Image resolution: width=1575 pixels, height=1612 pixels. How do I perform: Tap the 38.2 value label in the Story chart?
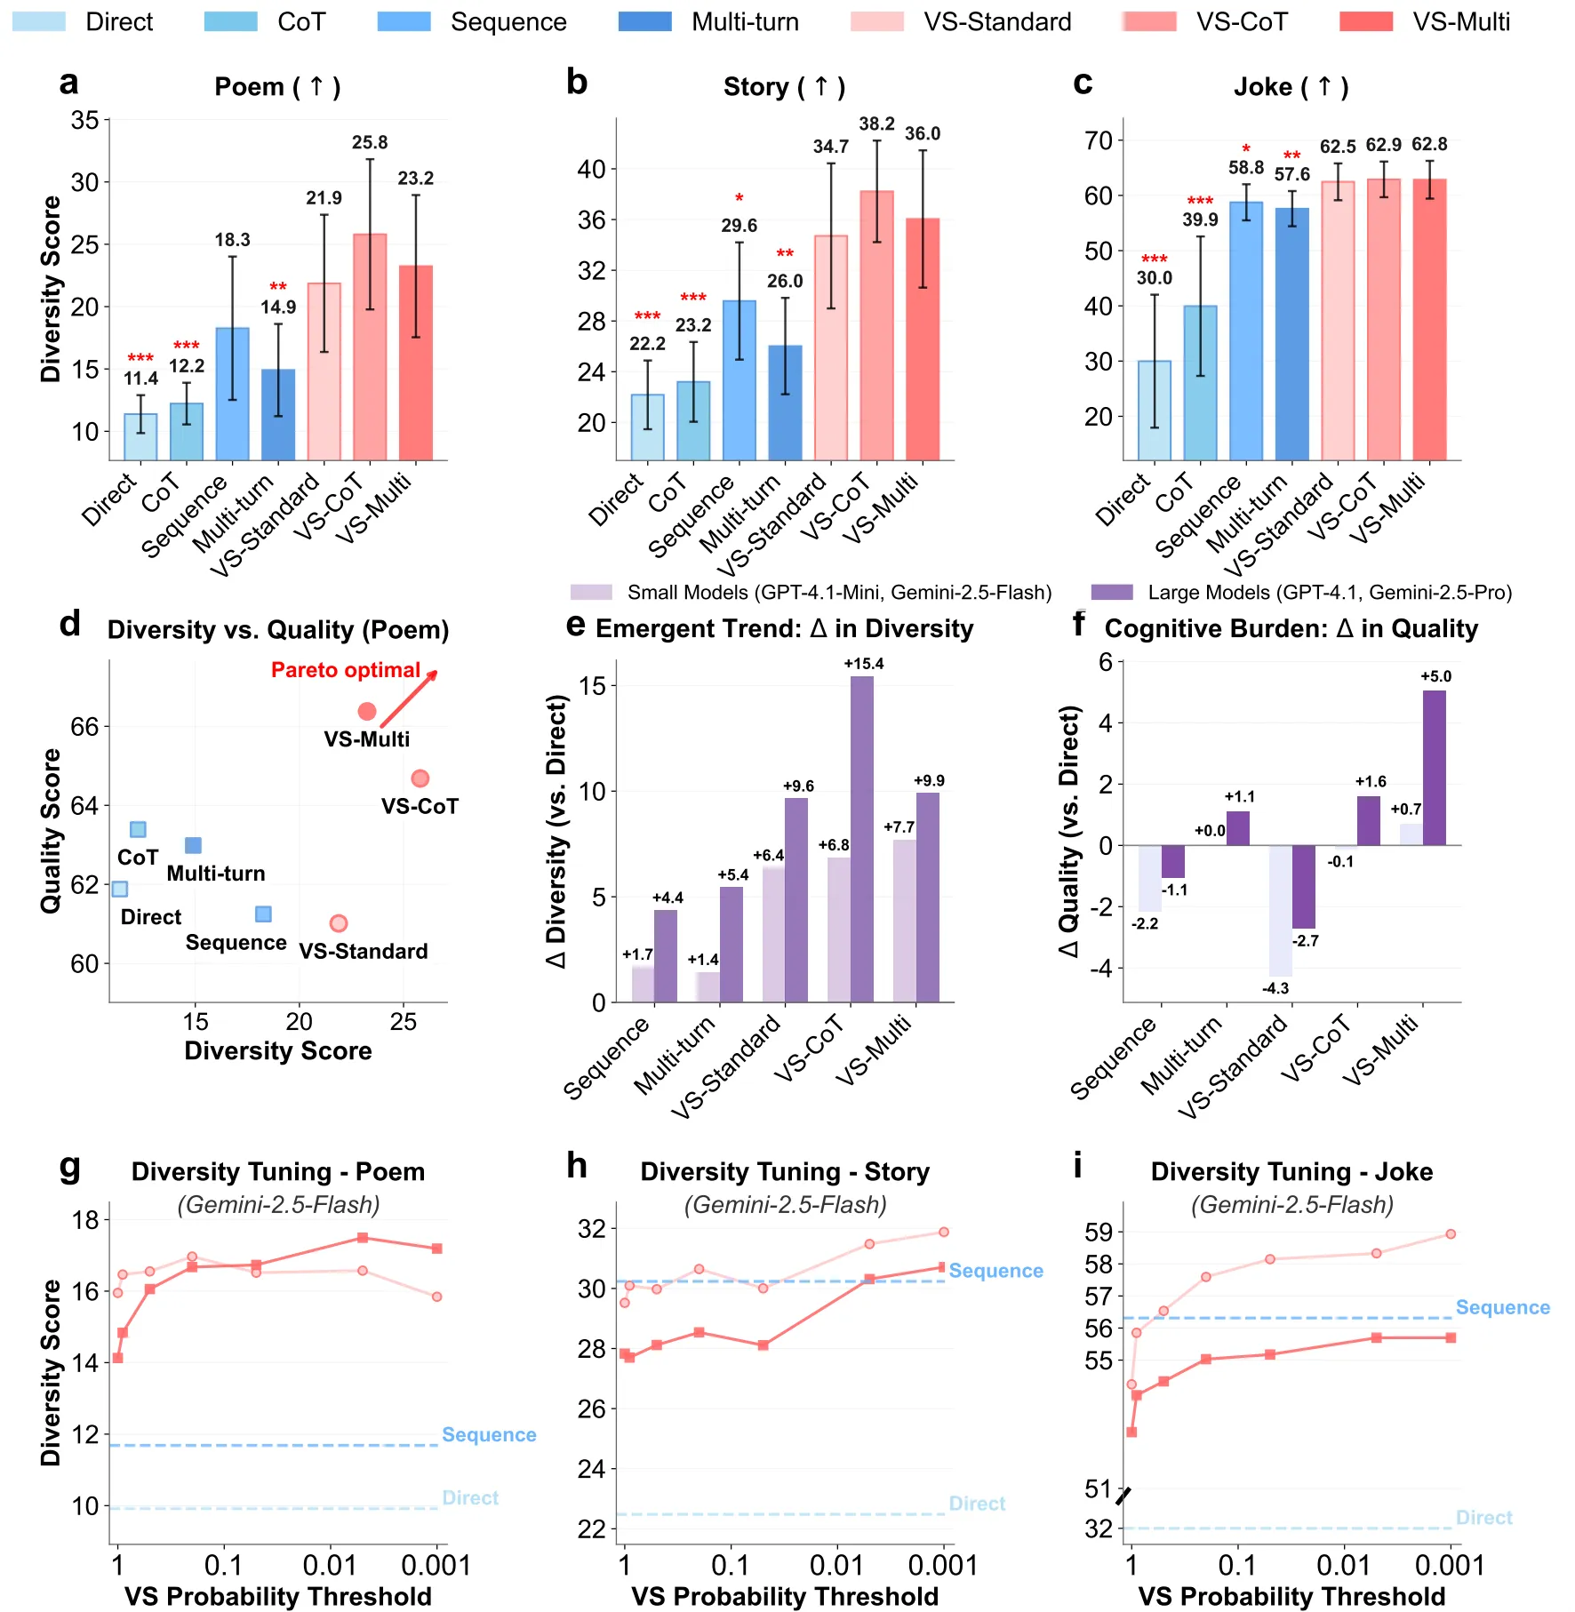[x=876, y=124]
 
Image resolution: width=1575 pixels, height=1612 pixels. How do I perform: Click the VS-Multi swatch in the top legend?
[x=1366, y=21]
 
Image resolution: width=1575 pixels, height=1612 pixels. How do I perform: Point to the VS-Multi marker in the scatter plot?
[x=366, y=711]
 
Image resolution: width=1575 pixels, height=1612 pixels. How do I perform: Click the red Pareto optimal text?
[x=346, y=670]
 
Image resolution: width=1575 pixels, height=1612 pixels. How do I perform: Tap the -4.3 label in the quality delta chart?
[x=1275, y=988]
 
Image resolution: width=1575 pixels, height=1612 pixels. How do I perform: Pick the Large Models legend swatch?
[x=1111, y=593]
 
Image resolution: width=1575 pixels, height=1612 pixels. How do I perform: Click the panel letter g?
[x=69, y=1166]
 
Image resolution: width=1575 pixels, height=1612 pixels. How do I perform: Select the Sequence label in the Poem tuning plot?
[x=489, y=1434]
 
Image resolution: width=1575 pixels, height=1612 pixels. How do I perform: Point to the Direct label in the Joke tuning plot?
[x=1483, y=1518]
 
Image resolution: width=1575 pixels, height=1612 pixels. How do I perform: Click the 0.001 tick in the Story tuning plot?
[x=943, y=1565]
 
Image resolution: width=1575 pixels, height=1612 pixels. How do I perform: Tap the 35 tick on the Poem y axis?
[x=85, y=120]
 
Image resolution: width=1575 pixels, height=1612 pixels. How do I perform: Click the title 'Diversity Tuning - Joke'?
[x=1291, y=1171]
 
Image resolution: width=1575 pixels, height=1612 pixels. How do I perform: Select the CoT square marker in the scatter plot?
[x=138, y=829]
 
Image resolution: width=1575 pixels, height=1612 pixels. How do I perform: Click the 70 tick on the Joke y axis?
[x=1099, y=140]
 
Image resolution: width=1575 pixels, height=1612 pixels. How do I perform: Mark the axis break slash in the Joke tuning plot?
[x=1123, y=1496]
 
